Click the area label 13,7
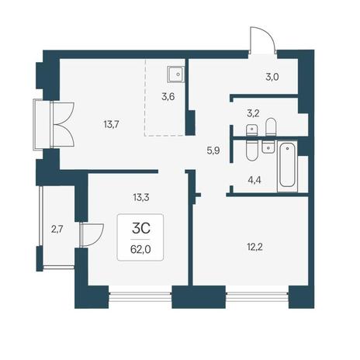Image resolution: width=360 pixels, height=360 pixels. coord(111,125)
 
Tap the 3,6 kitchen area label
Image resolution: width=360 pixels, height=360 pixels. coord(168,97)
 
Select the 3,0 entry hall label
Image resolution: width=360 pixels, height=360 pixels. coord(272,77)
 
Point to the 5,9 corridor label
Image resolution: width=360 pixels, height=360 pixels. coord(213,151)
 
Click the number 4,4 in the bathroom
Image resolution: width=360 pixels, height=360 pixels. coord(254,179)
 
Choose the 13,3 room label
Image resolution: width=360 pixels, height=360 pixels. coord(141,198)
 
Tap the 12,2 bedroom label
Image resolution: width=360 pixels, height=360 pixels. coord(255,247)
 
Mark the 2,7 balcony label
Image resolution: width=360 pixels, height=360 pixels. coord(57,229)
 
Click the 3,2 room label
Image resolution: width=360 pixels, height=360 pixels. coord(253,113)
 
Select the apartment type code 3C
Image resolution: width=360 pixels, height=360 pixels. coord(141,228)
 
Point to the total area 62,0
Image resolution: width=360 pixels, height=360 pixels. coord(140,250)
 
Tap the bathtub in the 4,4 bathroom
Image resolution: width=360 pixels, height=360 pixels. coord(287,166)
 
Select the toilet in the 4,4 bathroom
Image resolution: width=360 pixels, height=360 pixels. coord(251,151)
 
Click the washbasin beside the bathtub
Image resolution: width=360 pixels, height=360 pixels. coord(268,147)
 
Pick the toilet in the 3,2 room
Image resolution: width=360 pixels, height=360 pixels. coord(271,127)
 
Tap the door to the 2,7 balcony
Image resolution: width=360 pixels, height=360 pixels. coord(92,234)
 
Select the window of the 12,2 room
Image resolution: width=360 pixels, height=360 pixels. coord(258,297)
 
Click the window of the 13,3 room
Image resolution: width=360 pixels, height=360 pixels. coord(140,297)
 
